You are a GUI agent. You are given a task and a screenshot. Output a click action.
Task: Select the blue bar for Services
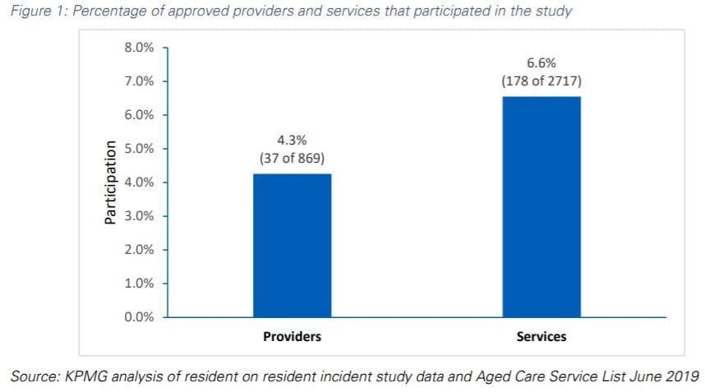[x=541, y=206]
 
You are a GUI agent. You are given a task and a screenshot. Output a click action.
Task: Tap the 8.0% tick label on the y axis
[x=139, y=48]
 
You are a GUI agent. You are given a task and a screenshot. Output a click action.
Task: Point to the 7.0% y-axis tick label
[x=139, y=81]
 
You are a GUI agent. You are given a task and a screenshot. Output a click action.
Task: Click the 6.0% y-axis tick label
[x=139, y=115]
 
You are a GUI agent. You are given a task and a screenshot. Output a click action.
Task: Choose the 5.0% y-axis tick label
[x=139, y=149]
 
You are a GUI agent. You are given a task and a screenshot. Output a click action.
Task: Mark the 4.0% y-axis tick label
[x=139, y=182]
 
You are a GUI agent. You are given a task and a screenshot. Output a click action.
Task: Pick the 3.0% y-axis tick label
[x=139, y=216]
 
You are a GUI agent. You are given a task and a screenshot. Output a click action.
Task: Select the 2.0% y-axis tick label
[x=139, y=250]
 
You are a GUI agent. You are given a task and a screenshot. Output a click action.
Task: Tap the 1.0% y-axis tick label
[x=139, y=284]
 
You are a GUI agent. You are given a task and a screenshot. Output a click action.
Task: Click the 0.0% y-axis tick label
[x=139, y=317]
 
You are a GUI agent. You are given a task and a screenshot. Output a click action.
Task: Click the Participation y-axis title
[x=108, y=182]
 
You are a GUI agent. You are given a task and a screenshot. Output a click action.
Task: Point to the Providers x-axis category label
[x=292, y=337]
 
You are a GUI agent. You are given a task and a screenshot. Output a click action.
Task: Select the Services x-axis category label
[x=541, y=337]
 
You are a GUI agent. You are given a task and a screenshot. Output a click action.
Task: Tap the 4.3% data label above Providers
[x=292, y=141]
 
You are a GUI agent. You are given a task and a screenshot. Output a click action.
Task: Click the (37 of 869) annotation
[x=292, y=158]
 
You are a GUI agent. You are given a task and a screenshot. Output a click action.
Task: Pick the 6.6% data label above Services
[x=541, y=63]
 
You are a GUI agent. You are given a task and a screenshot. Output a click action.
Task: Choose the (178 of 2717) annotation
[x=541, y=81]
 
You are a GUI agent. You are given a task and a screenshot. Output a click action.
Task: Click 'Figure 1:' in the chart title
[x=36, y=12]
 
